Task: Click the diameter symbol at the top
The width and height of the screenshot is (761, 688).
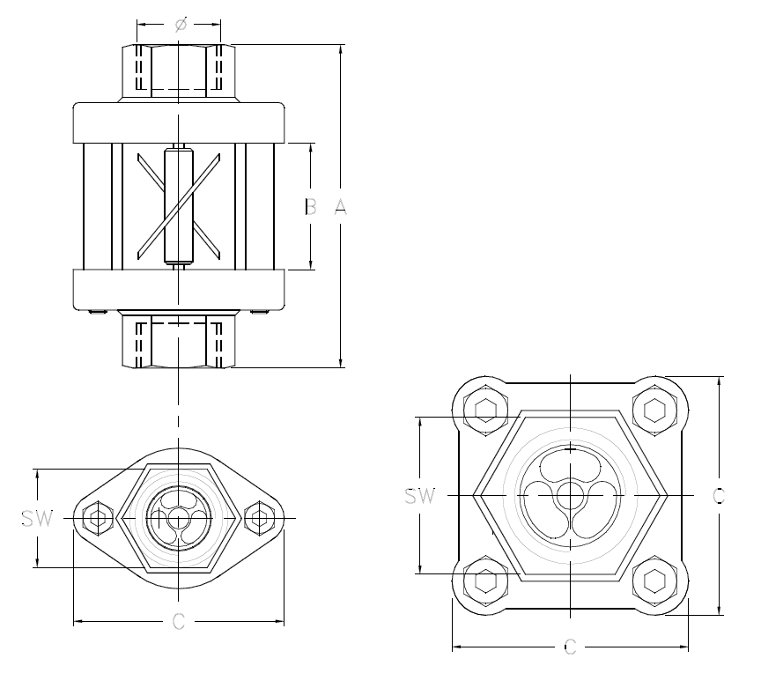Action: point(180,26)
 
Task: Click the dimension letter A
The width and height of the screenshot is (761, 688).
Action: point(341,208)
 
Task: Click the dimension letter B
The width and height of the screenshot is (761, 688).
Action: point(310,208)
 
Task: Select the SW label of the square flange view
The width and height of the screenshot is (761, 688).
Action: point(420,496)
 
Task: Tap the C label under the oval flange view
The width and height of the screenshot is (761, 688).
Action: point(178,622)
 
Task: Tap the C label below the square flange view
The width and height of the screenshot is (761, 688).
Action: point(569,648)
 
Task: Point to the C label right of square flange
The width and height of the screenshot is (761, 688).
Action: point(719,496)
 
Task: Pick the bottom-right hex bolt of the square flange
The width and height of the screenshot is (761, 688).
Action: point(654,581)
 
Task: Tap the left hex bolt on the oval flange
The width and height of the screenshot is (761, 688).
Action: point(96,518)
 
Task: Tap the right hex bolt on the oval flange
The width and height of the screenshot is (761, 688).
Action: point(260,518)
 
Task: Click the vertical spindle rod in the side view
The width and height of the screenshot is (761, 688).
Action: point(178,207)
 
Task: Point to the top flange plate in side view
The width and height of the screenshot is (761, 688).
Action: point(178,122)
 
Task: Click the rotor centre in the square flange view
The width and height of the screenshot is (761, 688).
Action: point(569,496)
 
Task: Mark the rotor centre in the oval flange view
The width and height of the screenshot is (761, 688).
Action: point(178,518)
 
